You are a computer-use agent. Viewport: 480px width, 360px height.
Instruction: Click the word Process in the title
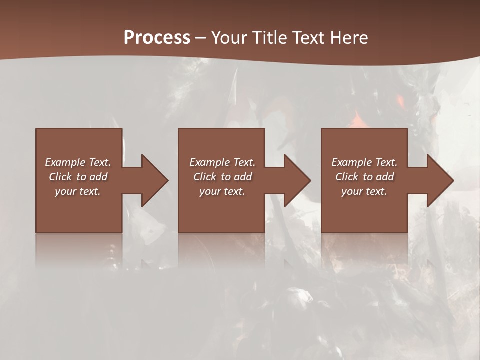(157, 38)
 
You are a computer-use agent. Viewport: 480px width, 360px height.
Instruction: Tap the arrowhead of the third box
(440, 180)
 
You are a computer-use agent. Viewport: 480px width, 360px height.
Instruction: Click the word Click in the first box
(60, 177)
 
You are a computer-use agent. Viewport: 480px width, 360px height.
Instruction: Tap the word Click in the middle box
(205, 177)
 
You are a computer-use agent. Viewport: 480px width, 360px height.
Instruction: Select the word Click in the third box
(347, 177)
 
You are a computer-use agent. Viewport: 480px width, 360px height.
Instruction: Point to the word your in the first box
(65, 191)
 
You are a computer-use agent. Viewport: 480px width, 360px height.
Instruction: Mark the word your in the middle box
(209, 191)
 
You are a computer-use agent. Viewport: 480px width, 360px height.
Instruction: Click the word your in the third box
(351, 191)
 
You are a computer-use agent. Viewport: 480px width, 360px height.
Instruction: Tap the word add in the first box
(98, 177)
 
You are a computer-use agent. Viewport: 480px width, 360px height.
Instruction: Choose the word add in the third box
(385, 177)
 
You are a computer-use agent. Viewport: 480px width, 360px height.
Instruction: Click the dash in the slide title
(201, 38)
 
